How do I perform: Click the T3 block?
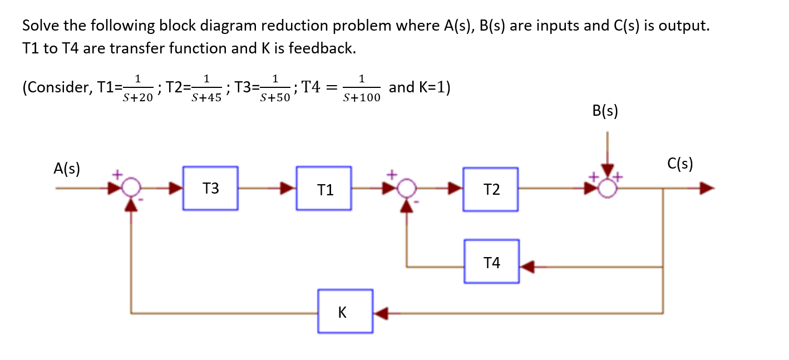[x=210, y=188]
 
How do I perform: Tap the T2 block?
[x=491, y=189]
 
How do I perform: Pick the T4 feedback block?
[x=492, y=262]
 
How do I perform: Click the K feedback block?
[x=345, y=311]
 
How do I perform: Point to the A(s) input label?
[x=67, y=169]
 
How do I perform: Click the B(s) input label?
[x=605, y=111]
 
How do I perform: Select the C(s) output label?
[x=679, y=164]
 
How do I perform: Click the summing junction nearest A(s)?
[x=130, y=188]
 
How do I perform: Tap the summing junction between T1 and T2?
[x=407, y=188]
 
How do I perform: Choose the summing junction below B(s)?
[x=608, y=189]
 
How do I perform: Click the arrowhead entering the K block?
[x=381, y=313]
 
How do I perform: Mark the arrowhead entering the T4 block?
[x=527, y=268]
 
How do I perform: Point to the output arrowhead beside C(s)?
[x=706, y=189]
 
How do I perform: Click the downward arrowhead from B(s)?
[x=608, y=170]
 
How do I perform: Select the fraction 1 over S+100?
[x=362, y=88]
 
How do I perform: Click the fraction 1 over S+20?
[x=137, y=88]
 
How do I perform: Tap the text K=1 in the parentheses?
[x=428, y=87]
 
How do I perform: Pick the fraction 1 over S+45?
[x=206, y=88]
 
